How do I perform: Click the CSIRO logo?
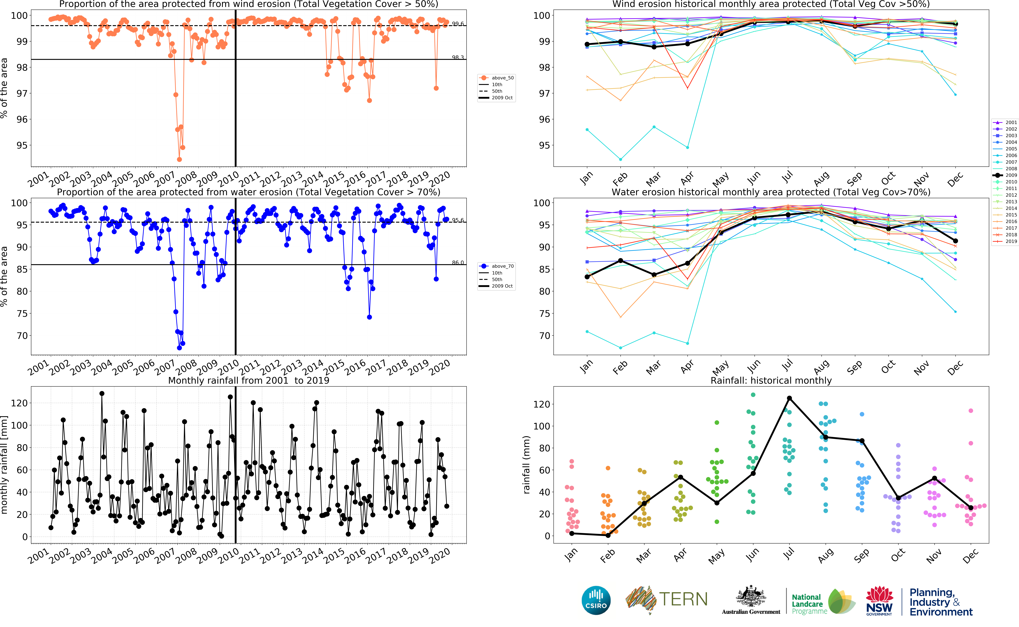pos(596,600)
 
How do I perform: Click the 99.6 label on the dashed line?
pos(458,24)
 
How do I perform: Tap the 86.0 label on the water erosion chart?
pos(458,262)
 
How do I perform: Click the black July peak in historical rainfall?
pos(789,398)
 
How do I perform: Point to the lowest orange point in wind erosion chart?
pos(179,159)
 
